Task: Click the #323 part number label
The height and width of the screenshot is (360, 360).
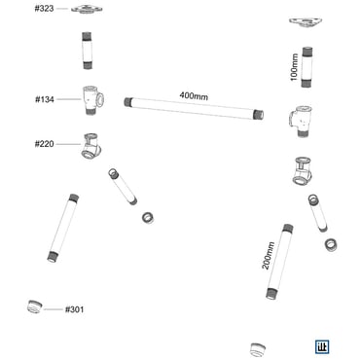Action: click(44, 9)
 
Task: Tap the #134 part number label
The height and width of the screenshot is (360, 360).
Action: click(45, 99)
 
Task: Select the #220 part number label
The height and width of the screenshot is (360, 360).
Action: click(45, 144)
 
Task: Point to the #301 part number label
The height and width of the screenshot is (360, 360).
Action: click(75, 309)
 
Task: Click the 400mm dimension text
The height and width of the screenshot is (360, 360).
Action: click(194, 96)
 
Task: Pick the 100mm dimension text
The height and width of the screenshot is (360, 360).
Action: click(294, 67)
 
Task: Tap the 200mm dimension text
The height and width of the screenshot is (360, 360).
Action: click(269, 256)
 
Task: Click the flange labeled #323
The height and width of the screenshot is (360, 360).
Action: click(87, 9)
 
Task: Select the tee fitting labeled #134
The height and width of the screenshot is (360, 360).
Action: click(92, 99)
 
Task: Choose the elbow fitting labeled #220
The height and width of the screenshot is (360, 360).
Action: click(91, 147)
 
